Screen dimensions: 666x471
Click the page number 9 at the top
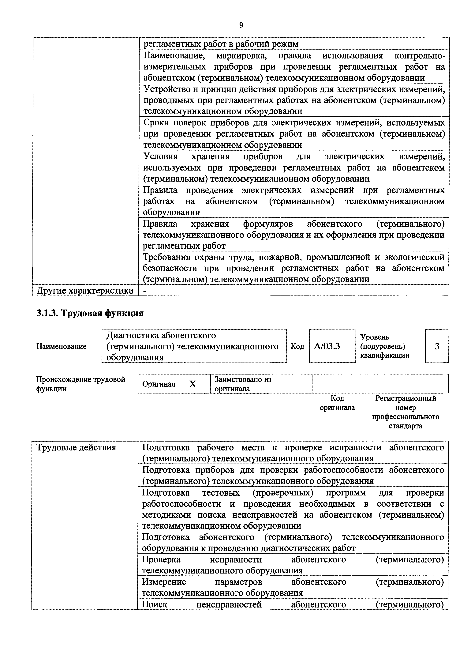click(x=241, y=25)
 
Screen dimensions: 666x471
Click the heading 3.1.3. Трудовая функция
click(x=90, y=313)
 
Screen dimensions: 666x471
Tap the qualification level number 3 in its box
click(x=437, y=346)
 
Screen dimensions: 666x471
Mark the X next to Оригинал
click(x=193, y=384)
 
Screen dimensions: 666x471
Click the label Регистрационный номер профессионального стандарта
click(x=406, y=412)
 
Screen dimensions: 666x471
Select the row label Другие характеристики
click(x=85, y=290)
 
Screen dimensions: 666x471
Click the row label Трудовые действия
click(x=76, y=448)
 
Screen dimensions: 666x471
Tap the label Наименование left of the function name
click(x=61, y=346)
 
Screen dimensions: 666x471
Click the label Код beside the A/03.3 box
click(x=297, y=346)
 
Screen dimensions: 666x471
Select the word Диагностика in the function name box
click(x=132, y=335)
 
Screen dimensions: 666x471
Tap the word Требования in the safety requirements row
click(x=166, y=257)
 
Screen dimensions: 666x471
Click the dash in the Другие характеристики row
click(x=145, y=291)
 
